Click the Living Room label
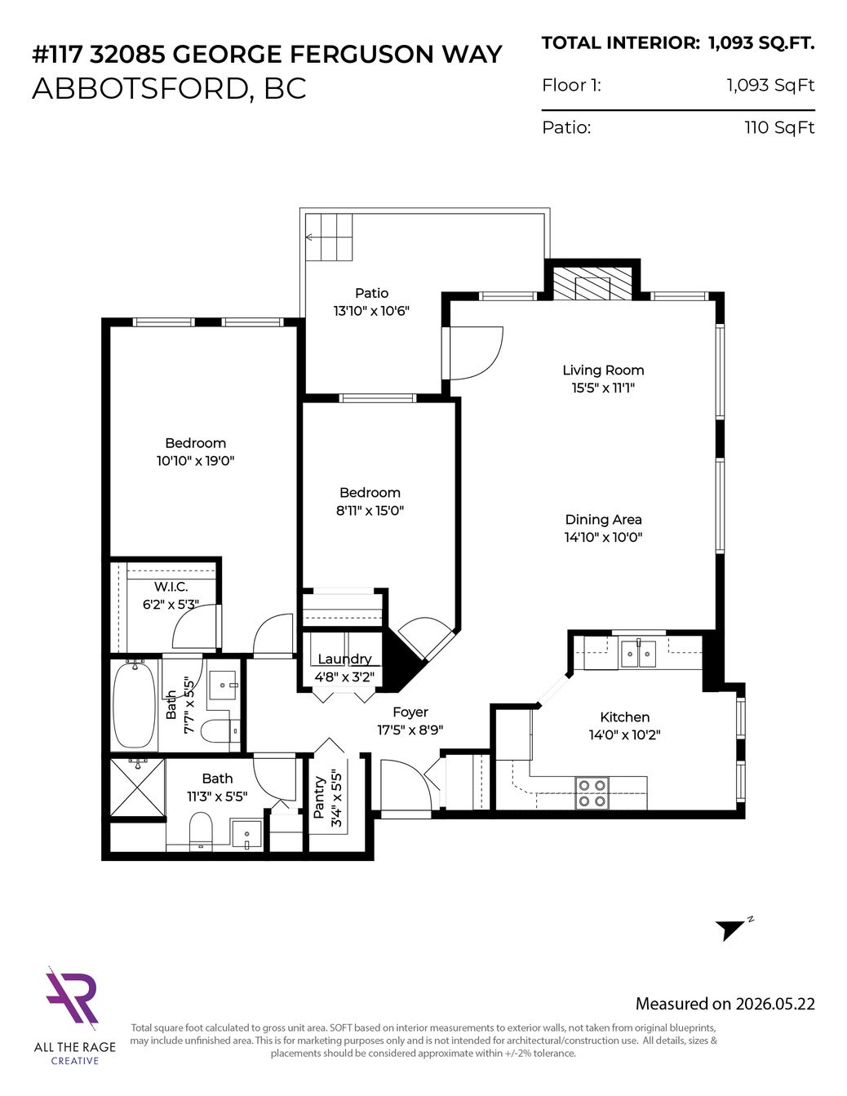coord(603,371)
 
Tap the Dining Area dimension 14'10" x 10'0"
coord(603,537)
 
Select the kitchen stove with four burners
coord(592,793)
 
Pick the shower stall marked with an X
coord(138,788)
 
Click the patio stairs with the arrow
coord(329,237)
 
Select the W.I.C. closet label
coord(171,587)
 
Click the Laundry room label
coord(345,659)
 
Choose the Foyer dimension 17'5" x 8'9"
coord(410,730)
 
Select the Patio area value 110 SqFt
coord(779,127)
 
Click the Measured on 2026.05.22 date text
coord(725,1004)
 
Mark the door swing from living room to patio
coord(477,353)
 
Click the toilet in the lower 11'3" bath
coord(202,829)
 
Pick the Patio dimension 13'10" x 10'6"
coord(371,311)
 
